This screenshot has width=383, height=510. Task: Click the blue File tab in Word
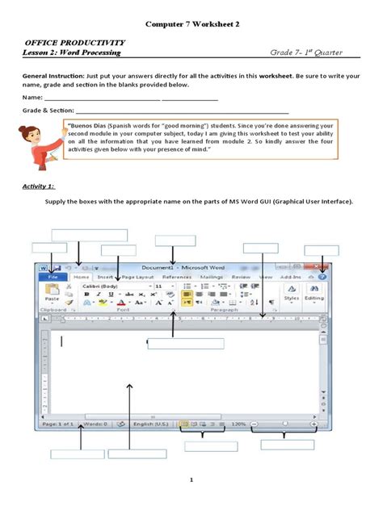tap(53, 277)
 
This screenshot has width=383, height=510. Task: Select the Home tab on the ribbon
tap(82, 277)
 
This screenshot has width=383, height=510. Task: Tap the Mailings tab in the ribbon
tap(212, 277)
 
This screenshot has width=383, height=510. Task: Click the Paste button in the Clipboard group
tap(52, 294)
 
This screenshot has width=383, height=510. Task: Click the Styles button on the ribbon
tap(291, 296)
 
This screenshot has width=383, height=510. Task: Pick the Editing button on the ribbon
tap(314, 296)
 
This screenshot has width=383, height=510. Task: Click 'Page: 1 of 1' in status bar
tap(59, 423)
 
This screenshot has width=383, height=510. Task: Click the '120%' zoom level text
tap(238, 423)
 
